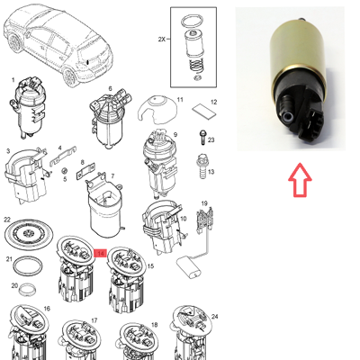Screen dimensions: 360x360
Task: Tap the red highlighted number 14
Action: [101, 255]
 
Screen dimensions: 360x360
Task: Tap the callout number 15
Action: [150, 267]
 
